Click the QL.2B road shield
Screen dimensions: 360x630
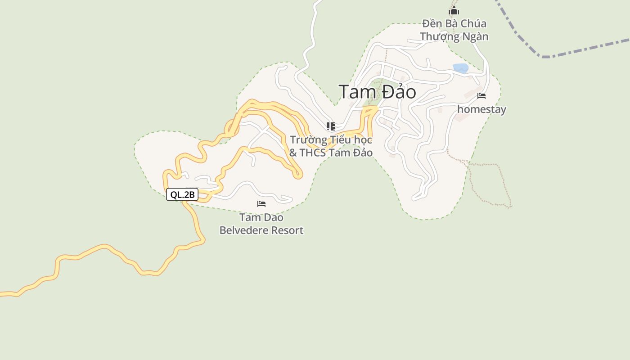click(182, 194)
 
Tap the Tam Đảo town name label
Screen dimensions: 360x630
click(377, 92)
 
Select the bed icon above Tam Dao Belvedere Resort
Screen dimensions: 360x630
click(261, 204)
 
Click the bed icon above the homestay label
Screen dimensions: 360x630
click(481, 96)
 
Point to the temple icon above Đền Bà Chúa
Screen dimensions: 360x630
click(454, 10)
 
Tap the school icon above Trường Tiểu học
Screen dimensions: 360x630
click(331, 126)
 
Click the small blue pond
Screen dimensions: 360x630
click(460, 68)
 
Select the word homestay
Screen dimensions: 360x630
click(481, 109)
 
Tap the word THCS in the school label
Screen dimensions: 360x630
click(313, 153)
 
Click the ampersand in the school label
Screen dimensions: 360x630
click(293, 153)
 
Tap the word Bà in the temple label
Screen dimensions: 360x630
click(452, 23)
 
